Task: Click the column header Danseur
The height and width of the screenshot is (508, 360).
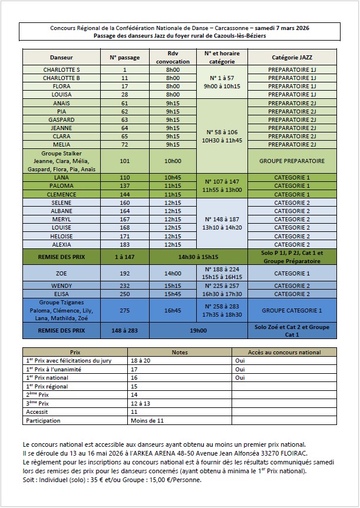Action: click(62, 58)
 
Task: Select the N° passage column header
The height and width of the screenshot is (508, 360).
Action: click(124, 58)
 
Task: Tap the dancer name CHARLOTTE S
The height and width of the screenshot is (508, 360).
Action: click(62, 69)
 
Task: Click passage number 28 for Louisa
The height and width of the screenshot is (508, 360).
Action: click(124, 94)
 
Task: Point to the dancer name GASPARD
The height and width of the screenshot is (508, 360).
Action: click(62, 119)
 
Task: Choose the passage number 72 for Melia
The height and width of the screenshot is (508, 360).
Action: click(124, 144)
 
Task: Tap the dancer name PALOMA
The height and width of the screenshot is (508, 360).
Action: click(62, 185)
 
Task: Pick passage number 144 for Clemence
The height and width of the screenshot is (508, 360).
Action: click(124, 194)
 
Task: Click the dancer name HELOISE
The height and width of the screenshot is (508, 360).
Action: click(62, 235)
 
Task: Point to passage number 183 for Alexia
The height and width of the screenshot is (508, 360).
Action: click(124, 244)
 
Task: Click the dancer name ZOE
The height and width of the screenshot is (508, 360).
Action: click(62, 273)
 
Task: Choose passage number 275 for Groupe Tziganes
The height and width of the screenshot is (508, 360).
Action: click(124, 310)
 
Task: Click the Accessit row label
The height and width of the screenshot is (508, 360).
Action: click(37, 412)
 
